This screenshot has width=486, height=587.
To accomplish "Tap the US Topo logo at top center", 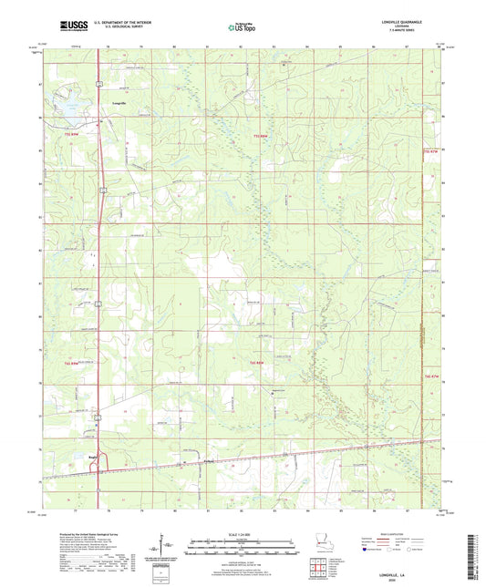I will [242, 27].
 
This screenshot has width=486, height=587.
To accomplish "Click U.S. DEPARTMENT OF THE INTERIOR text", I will [116, 23].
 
